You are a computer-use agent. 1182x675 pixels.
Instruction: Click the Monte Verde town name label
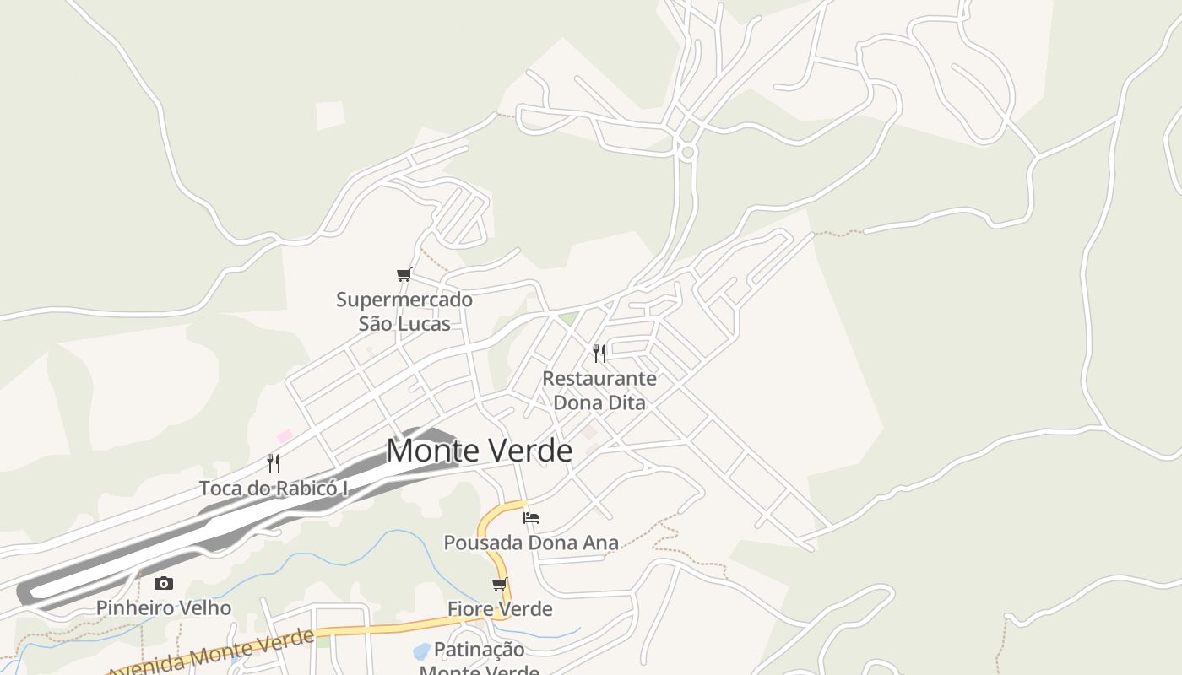pos(479,451)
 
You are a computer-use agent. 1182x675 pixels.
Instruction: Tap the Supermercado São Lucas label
pos(404,311)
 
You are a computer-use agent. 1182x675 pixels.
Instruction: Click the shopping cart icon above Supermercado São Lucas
pos(404,274)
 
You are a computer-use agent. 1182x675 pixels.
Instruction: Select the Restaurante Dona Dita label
pos(599,390)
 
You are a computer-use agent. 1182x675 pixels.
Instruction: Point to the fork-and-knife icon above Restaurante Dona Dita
pos(599,353)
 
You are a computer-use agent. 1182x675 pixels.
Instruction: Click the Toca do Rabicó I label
pos(274,488)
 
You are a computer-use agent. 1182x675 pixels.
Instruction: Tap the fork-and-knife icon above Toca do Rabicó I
pos(274,462)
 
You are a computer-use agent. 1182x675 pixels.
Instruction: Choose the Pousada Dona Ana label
pos(531,542)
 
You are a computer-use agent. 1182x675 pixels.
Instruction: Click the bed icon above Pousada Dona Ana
pos(531,517)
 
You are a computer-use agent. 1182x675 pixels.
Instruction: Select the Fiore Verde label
pos(500,608)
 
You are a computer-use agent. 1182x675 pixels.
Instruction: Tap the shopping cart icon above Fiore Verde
pos(500,584)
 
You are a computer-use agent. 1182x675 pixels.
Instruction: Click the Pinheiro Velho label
pos(163,607)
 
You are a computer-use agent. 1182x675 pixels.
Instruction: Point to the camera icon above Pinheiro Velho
pos(163,583)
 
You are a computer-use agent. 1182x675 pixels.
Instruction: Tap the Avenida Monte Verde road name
pos(211,653)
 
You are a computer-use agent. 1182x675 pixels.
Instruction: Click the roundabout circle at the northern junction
pos(687,153)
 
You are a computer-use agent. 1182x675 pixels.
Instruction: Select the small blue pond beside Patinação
pos(420,652)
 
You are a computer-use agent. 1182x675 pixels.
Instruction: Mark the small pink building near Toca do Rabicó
pos(285,436)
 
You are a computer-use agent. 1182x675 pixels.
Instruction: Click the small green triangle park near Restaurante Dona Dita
pos(569,319)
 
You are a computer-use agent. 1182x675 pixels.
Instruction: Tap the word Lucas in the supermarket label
pos(426,323)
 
